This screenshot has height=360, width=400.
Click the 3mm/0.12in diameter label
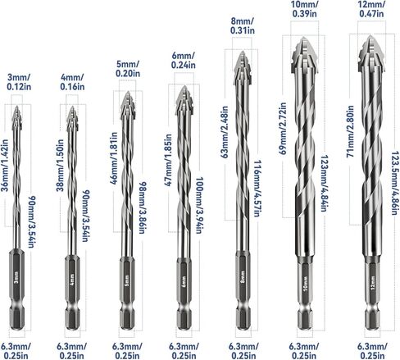click(19, 82)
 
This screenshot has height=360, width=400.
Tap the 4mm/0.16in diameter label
click(72, 82)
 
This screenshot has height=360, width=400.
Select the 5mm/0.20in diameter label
click(128, 69)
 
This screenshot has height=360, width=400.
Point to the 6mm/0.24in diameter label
click(184, 60)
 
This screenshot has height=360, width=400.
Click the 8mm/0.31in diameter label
click(243, 25)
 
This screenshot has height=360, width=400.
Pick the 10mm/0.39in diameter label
click(304, 9)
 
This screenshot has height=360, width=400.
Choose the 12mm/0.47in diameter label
click(371, 9)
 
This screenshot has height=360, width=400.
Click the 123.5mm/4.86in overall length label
click(395, 183)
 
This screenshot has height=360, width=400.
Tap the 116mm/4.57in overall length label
click(258, 189)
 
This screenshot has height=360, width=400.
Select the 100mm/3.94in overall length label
click(199, 205)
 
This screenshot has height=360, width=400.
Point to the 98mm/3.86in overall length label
click(142, 207)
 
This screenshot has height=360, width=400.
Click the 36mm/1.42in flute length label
click(5, 166)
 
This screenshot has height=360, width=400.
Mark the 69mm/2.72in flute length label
click(283, 129)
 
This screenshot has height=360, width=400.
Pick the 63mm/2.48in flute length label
click(225, 132)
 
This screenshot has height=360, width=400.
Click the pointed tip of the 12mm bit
click(370, 35)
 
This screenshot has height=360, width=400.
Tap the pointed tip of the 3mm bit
click(17, 106)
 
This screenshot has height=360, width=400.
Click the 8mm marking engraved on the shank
click(243, 276)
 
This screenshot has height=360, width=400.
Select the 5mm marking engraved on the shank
click(127, 280)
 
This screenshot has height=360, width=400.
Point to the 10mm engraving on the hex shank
click(306, 283)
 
